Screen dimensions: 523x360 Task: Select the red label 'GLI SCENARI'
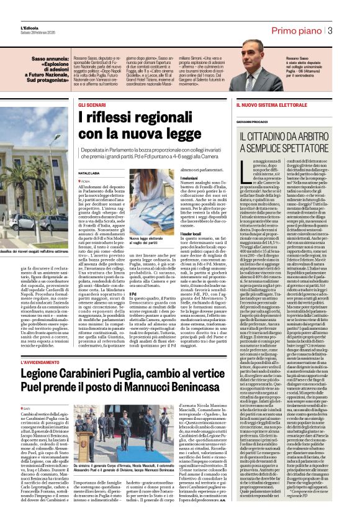coord(91,105)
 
